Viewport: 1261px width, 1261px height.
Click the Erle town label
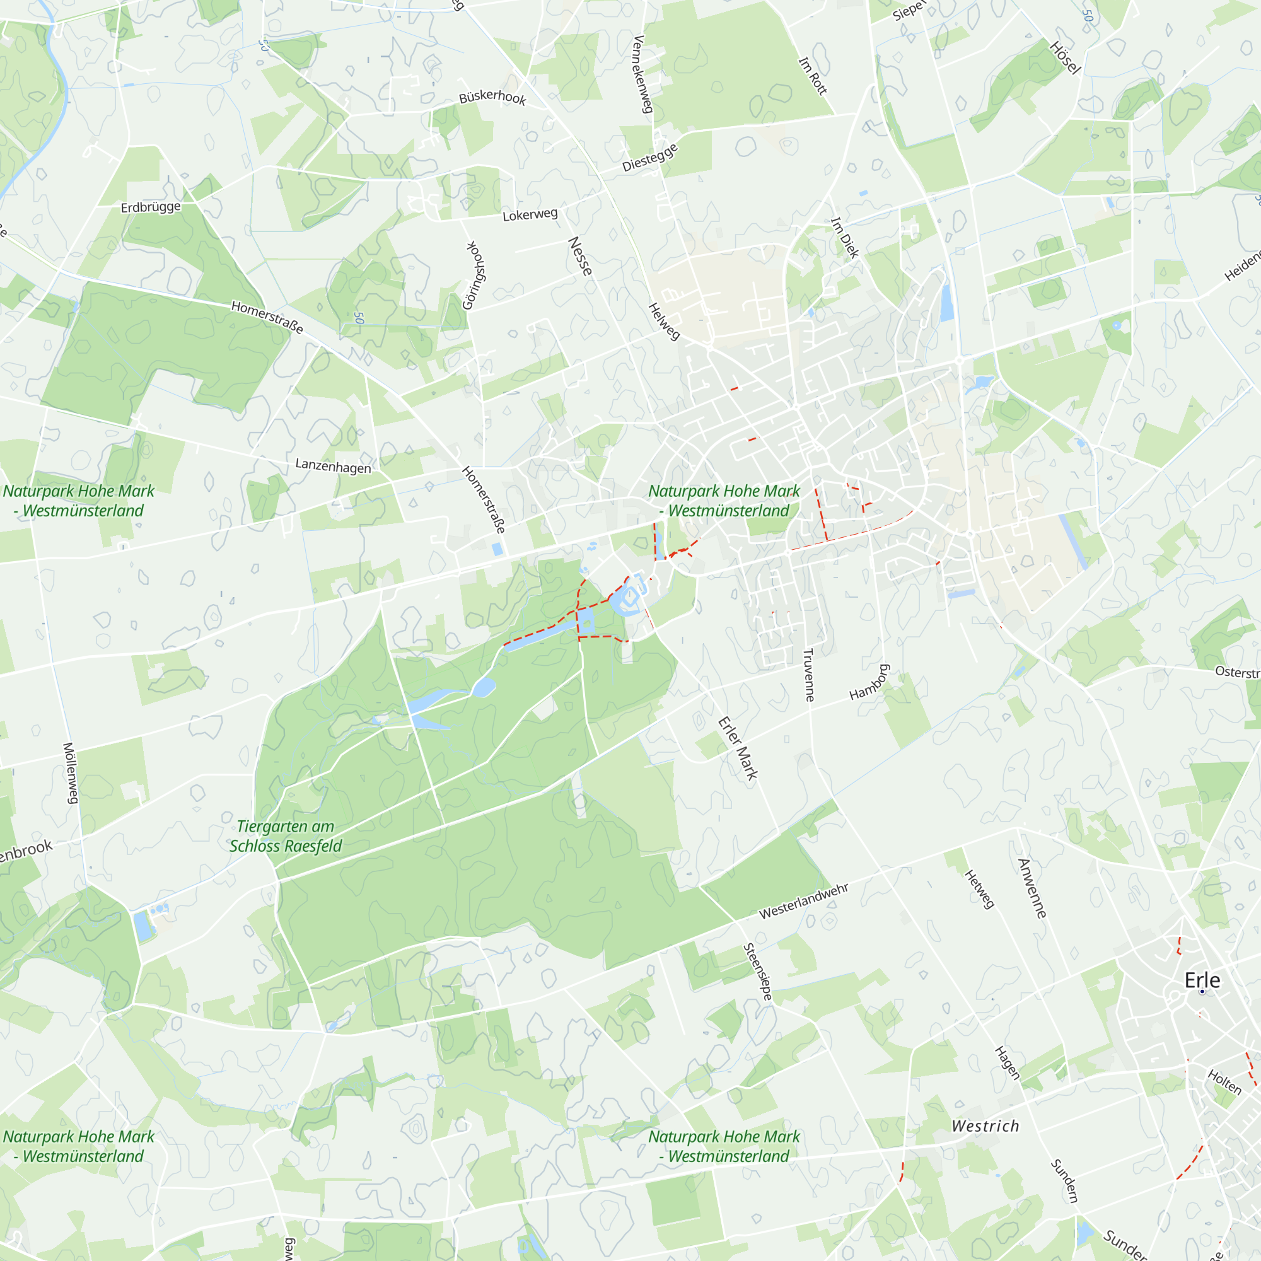click(1202, 980)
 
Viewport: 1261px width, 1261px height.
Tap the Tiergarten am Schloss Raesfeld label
click(286, 836)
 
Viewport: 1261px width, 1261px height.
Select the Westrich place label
click(985, 1126)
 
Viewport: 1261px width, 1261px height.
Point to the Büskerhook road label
click(492, 97)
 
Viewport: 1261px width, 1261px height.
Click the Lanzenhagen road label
click(333, 466)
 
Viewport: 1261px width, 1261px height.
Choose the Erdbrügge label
click(151, 207)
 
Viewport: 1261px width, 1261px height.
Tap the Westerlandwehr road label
click(803, 902)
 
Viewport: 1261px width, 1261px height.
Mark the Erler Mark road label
click(738, 748)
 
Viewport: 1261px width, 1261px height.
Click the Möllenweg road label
click(71, 773)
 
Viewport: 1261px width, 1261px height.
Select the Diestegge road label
click(650, 157)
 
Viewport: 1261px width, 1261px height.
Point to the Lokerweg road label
click(530, 214)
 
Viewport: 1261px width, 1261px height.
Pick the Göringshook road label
click(475, 275)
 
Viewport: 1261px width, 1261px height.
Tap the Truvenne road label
click(809, 675)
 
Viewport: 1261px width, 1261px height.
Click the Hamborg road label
click(869, 683)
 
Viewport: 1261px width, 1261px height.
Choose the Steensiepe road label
click(758, 972)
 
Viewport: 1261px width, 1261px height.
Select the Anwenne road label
click(1032, 888)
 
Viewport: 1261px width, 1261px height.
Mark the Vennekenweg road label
click(643, 74)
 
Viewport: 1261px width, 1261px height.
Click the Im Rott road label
click(813, 76)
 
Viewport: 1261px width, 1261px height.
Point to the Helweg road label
click(664, 321)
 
